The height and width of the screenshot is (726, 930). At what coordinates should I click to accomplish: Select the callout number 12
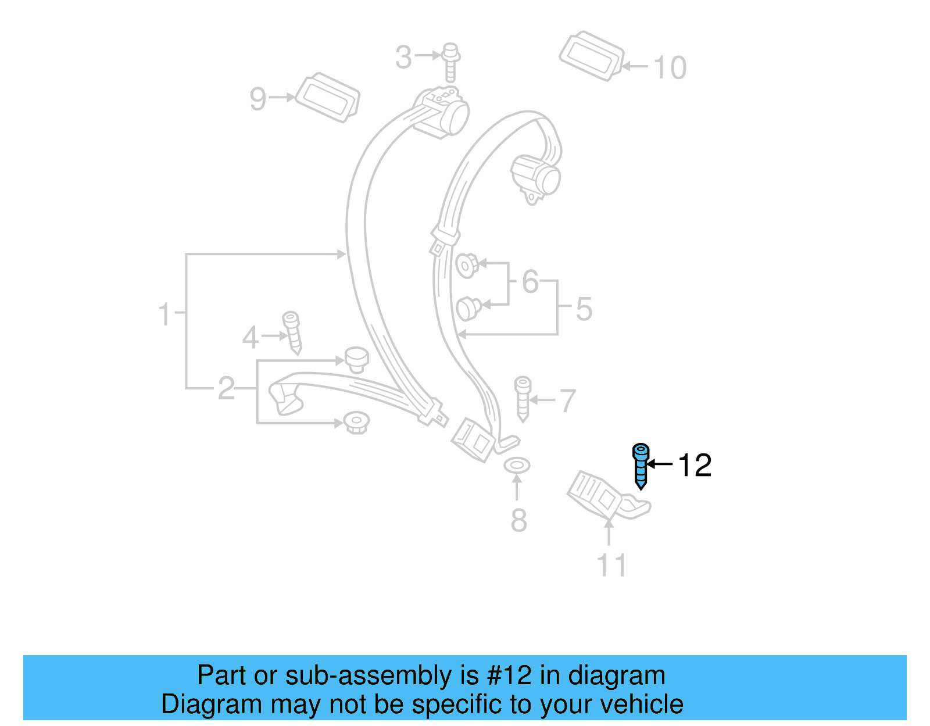click(695, 466)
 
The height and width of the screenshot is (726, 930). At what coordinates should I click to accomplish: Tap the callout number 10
click(670, 68)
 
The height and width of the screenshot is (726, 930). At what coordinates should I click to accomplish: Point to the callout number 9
click(257, 99)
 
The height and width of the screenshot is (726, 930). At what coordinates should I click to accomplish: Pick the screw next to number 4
click(292, 332)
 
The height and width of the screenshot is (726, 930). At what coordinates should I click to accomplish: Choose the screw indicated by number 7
click(523, 398)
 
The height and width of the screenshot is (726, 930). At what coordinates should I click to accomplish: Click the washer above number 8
click(517, 465)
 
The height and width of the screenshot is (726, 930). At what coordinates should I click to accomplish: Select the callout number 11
click(611, 565)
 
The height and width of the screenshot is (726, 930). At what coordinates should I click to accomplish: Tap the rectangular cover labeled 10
click(592, 56)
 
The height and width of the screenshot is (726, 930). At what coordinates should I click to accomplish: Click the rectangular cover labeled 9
click(327, 98)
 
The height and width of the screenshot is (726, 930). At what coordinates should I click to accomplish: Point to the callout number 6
click(530, 282)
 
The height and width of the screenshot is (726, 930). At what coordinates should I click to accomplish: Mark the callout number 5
click(584, 309)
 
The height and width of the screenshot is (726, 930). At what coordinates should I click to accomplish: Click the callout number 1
click(164, 314)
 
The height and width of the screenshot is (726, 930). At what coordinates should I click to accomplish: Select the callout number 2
click(226, 388)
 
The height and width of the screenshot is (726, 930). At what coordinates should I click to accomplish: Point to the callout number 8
click(518, 520)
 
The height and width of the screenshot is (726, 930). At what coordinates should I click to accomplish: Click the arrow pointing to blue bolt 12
click(660, 464)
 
